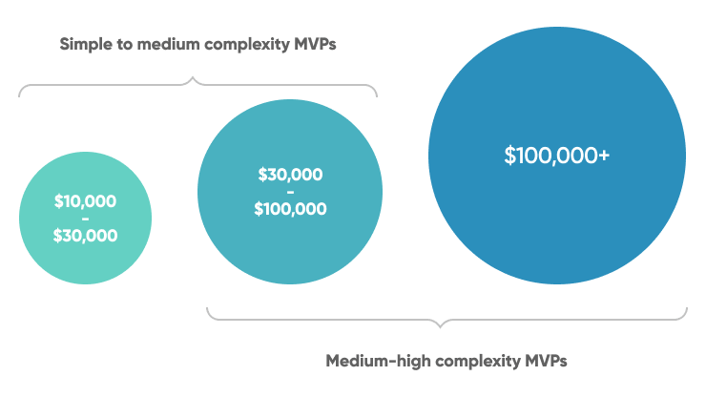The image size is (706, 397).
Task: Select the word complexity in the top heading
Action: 229,44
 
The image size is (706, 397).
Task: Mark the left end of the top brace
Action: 20,96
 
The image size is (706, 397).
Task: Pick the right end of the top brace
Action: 377,96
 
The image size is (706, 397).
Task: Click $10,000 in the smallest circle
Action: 85,201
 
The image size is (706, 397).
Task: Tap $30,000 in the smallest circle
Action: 85,235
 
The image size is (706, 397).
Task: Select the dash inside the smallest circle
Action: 85,219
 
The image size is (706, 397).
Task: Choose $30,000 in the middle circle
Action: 290,175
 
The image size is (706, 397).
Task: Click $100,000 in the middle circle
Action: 290,209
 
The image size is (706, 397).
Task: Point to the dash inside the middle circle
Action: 290,192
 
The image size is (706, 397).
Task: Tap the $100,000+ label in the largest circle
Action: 557,156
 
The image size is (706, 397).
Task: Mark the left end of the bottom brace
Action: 208,308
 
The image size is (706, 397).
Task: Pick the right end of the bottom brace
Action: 686,308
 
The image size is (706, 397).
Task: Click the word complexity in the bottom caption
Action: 466,362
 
